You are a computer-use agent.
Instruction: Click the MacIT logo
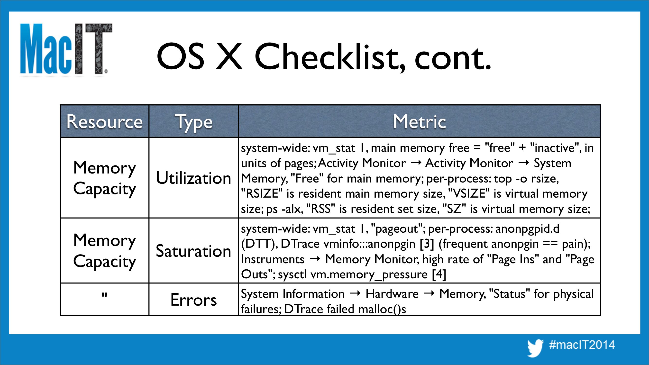pyautogui.click(x=66, y=49)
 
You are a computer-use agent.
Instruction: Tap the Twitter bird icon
pyautogui.click(x=535, y=348)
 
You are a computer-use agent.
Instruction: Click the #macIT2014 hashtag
pyautogui.click(x=582, y=345)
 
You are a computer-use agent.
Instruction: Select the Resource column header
pyautogui.click(x=105, y=122)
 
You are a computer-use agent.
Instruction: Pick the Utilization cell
pyautogui.click(x=193, y=178)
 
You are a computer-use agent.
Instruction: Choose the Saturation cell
pyautogui.click(x=193, y=251)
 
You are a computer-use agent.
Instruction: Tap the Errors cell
pyautogui.click(x=193, y=300)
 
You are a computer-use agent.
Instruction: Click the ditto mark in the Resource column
pyautogui.click(x=105, y=295)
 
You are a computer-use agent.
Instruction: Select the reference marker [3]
pyautogui.click(x=427, y=244)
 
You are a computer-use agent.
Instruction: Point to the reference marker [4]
pyautogui.click(x=439, y=274)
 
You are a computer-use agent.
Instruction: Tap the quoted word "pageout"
pyautogui.click(x=398, y=229)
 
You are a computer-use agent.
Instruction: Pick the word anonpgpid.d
pyautogui.click(x=527, y=229)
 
